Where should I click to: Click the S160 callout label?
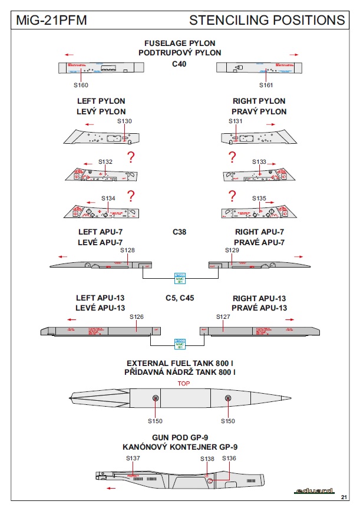(81, 85)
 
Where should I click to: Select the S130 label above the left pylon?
(124, 121)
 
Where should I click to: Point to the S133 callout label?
(259, 161)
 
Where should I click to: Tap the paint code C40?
(179, 64)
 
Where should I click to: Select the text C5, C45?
(179, 298)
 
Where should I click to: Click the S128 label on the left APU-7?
(127, 250)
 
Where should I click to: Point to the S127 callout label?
(223, 317)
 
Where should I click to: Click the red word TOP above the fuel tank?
(184, 384)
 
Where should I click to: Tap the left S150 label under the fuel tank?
(155, 421)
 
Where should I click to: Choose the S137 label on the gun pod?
(133, 458)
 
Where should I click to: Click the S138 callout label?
(207, 458)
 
